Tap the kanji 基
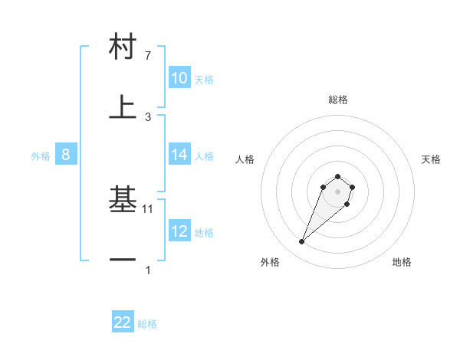coord(123,201)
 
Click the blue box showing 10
coord(179,78)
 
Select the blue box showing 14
coord(179,155)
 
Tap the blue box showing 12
coord(179,231)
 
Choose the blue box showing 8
coord(65,155)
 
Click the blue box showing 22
coord(123,322)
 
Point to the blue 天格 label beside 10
coord(204,79)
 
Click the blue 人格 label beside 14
coord(204,155)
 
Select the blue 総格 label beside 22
coord(147,324)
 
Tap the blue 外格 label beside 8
coord(41,156)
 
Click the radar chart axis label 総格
coord(337,100)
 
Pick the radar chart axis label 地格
coord(402,263)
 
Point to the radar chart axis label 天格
coord(432,159)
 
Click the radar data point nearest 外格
coord(302,242)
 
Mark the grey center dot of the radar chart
coord(337,191)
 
